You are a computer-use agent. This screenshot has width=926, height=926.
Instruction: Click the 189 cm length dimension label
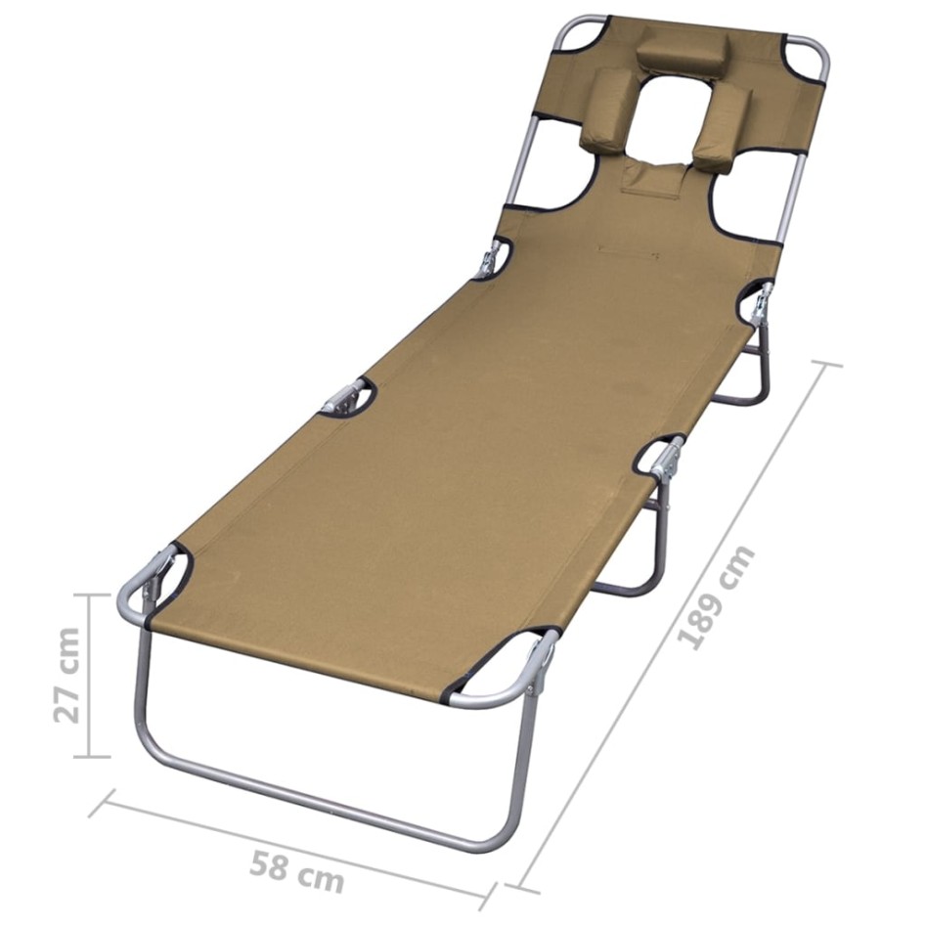[x=718, y=598]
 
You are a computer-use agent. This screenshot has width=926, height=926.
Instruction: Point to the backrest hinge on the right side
[x=758, y=302]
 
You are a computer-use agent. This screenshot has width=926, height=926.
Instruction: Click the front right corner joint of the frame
[x=537, y=666]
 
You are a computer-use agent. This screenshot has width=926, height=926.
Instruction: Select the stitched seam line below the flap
[x=626, y=252]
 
